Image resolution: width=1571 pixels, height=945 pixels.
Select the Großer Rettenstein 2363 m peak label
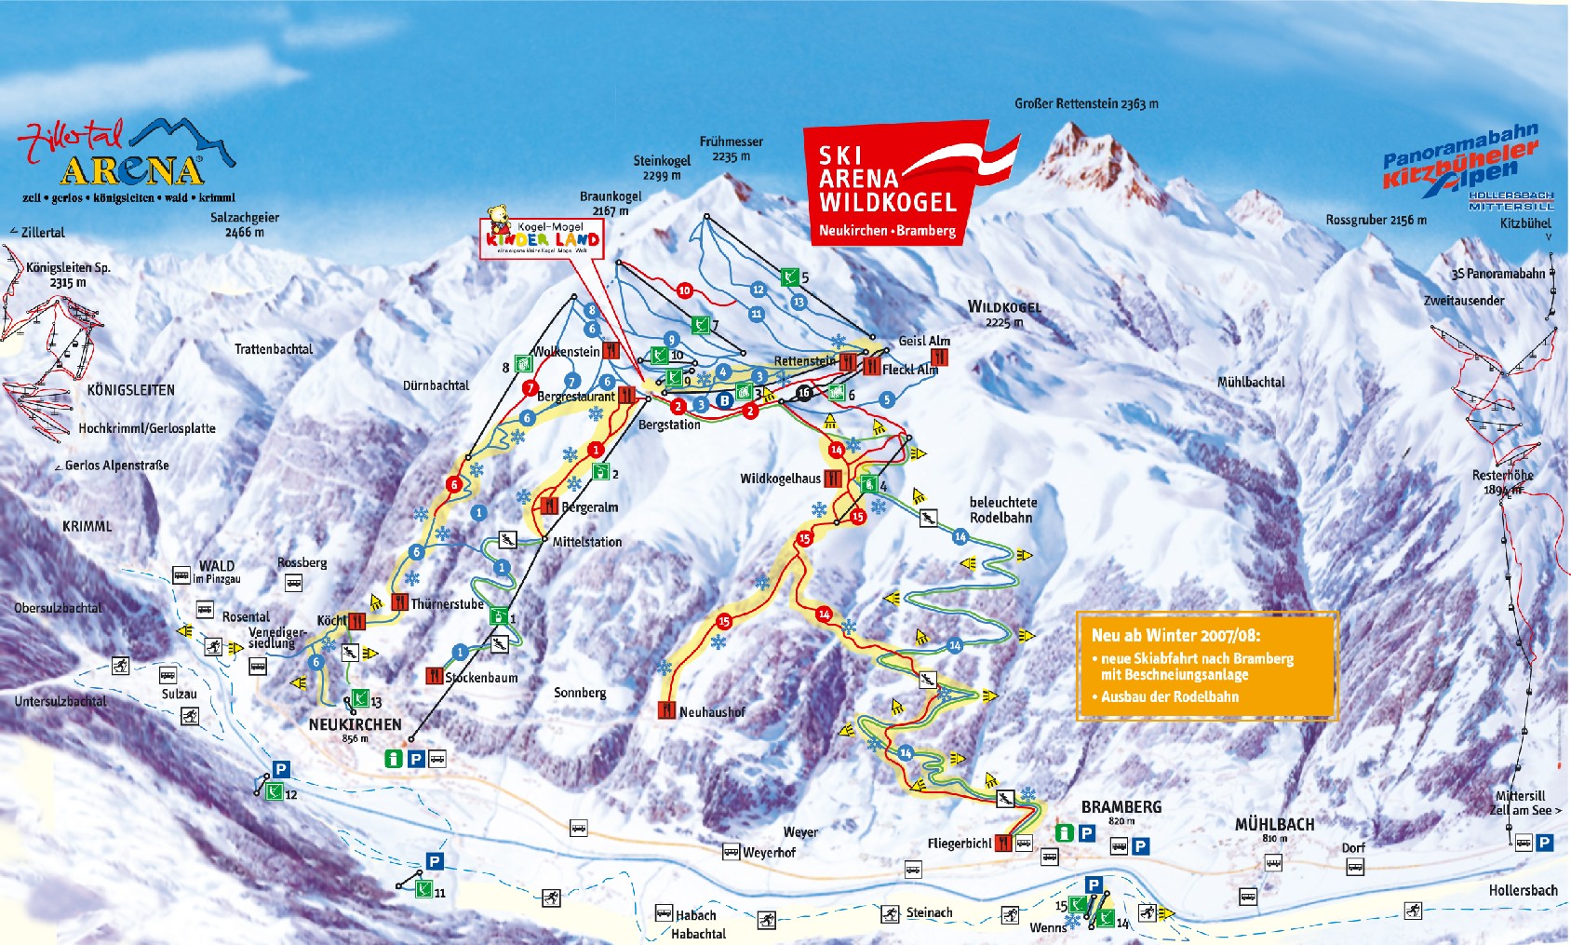[x=1086, y=104]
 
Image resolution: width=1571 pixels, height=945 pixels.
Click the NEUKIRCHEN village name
[x=355, y=724]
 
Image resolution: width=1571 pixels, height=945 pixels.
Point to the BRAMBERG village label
[x=1121, y=807]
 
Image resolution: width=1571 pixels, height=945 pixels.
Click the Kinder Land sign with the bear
[x=543, y=237]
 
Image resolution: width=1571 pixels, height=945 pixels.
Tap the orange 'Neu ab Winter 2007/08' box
[x=1207, y=666]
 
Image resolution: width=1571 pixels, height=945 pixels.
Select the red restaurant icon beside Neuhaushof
[x=666, y=710]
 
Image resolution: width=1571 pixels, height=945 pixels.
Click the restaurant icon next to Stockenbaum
[x=435, y=676]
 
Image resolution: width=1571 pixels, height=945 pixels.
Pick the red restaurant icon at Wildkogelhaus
[x=832, y=479]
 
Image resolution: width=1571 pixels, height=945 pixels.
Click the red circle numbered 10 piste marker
[x=684, y=290]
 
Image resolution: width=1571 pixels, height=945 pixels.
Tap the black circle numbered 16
[x=804, y=393]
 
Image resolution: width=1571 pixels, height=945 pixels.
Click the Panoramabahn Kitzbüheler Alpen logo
[x=1461, y=163]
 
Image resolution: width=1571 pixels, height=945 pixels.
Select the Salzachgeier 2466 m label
[x=244, y=224]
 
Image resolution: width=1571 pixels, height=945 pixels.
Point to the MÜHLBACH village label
[x=1274, y=825]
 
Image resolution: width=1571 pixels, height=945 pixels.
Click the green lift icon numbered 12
[x=274, y=792]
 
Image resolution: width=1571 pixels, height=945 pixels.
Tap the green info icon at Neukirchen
[x=395, y=759]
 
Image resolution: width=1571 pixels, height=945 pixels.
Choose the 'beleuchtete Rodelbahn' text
[x=1002, y=509]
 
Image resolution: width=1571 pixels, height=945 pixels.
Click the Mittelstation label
[x=586, y=542]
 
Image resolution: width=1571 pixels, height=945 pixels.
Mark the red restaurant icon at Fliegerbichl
[x=1002, y=843]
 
